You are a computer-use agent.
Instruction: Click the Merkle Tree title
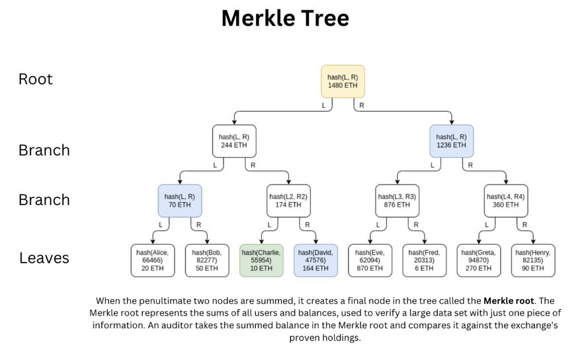pos(285,19)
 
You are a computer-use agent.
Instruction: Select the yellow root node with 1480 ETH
pos(343,81)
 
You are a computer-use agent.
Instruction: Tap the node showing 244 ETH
pos(234,140)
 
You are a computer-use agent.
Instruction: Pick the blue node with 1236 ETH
pos(451,140)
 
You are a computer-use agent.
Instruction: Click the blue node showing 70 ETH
pos(179,201)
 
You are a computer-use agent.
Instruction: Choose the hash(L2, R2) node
pos(288,201)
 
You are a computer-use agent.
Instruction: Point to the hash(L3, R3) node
pos(397,201)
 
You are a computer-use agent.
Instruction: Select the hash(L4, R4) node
pos(505,201)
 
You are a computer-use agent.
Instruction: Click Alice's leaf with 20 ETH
pos(152,260)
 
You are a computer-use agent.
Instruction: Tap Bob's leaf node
pos(207,260)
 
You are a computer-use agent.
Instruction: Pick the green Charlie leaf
pos(261,260)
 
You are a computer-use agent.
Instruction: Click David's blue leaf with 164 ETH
pos(315,260)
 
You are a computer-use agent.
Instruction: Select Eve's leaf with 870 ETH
pos(370,260)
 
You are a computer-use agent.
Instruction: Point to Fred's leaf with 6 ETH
pos(424,260)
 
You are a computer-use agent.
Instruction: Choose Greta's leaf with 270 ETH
pos(479,260)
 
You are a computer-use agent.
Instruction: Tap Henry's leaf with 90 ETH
pos(533,260)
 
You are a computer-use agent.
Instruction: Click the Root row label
pos(36,79)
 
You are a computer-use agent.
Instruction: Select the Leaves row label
pos(44,258)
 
